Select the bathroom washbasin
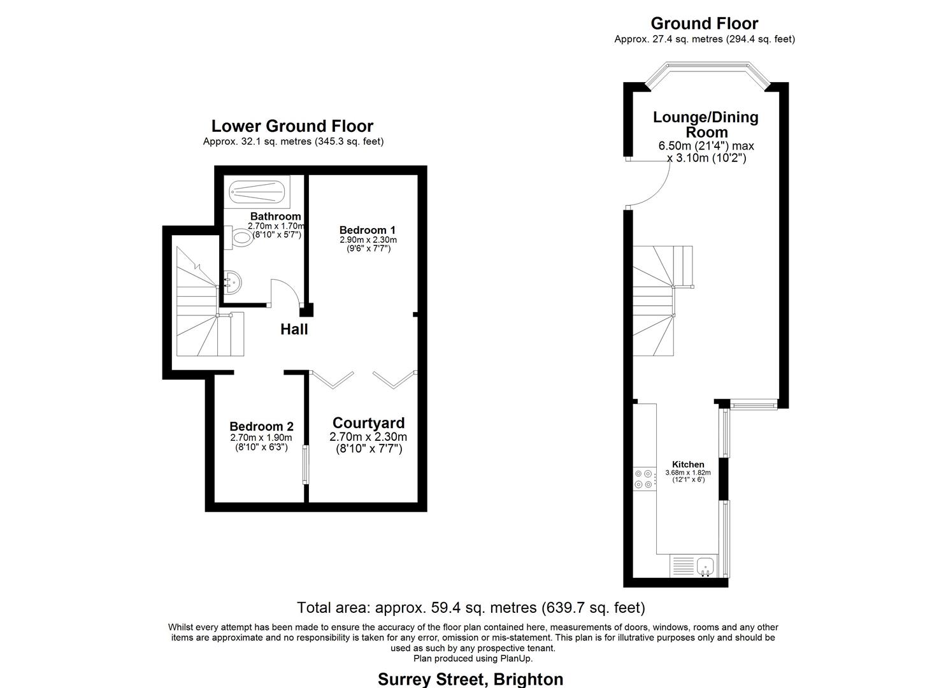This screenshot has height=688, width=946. pyautogui.click(x=232, y=282)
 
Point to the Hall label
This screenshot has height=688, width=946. pyautogui.click(x=294, y=329)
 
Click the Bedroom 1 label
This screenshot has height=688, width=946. pyautogui.click(x=368, y=230)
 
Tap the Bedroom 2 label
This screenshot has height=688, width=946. pyautogui.click(x=261, y=426)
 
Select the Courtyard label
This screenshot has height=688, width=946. pyautogui.click(x=368, y=423)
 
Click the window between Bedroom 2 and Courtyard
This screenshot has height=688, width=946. pyautogui.click(x=306, y=464)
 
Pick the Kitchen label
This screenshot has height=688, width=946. pyautogui.click(x=688, y=464)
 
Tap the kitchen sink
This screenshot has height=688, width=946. pyautogui.click(x=705, y=566)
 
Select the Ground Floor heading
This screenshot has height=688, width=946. pyautogui.click(x=705, y=23)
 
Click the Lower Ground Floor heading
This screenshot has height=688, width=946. pyautogui.click(x=292, y=126)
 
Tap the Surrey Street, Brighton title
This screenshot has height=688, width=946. pyautogui.click(x=470, y=679)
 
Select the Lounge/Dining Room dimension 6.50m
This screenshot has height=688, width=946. pyautogui.click(x=673, y=146)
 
